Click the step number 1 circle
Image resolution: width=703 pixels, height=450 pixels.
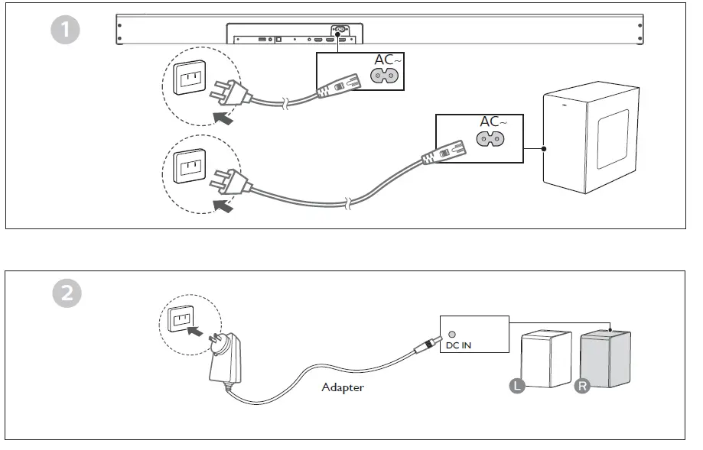coord(66,30)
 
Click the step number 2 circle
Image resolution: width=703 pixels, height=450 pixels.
coord(67,293)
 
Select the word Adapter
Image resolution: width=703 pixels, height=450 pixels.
coord(343,387)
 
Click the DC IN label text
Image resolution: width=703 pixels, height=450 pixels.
coord(458,345)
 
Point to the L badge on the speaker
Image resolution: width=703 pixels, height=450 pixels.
coord(517,386)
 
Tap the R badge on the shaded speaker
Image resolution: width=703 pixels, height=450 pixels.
coord(582,386)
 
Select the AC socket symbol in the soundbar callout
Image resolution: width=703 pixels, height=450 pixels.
coord(384,76)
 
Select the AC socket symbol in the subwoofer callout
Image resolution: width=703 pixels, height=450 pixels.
coord(490,139)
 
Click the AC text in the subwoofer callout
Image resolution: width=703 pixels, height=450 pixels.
coord(490,121)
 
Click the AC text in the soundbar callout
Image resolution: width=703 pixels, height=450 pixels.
coord(384,60)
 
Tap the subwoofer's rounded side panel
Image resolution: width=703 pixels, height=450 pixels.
coord(613,139)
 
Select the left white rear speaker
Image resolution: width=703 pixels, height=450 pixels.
coord(546,358)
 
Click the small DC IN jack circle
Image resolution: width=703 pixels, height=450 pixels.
coord(452,334)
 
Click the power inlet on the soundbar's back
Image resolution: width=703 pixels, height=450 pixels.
coord(339,30)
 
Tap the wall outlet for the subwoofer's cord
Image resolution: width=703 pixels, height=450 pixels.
coord(190,166)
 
